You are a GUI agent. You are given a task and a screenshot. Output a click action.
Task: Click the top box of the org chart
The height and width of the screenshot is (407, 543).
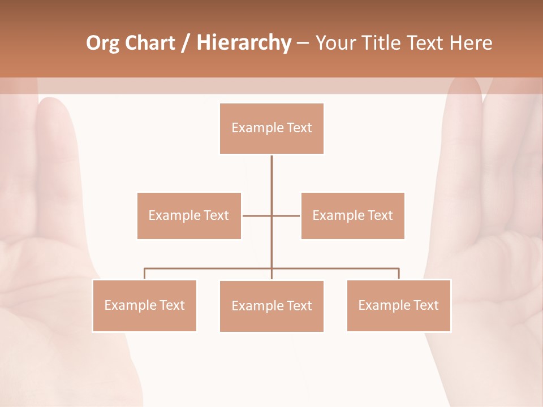click(x=271, y=128)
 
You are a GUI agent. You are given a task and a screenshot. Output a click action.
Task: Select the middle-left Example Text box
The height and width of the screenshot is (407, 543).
click(x=189, y=215)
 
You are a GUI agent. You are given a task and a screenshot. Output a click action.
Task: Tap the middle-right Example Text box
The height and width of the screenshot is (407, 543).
click(x=352, y=215)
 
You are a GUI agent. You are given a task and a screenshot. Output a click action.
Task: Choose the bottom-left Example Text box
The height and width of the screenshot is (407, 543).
click(x=144, y=305)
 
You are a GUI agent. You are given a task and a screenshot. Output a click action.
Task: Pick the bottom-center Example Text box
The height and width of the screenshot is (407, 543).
click(x=271, y=306)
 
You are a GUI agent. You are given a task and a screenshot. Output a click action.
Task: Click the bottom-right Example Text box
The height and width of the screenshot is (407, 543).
click(x=398, y=305)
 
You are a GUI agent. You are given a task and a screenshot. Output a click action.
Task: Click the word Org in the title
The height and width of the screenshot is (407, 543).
click(x=102, y=43)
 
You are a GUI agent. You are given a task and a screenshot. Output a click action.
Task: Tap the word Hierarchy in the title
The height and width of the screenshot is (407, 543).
click(x=244, y=43)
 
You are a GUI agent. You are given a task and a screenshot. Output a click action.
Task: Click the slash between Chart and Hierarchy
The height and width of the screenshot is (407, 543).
click(x=186, y=44)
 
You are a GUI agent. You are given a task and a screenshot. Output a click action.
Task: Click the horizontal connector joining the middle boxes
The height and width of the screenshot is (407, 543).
click(x=257, y=215)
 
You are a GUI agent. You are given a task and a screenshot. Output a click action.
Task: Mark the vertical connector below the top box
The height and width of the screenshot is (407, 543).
click(x=271, y=175)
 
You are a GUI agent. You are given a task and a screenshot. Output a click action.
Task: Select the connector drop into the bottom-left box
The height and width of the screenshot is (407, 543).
click(x=145, y=274)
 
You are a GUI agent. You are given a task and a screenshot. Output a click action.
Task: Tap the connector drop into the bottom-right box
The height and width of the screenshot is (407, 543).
click(x=399, y=274)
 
